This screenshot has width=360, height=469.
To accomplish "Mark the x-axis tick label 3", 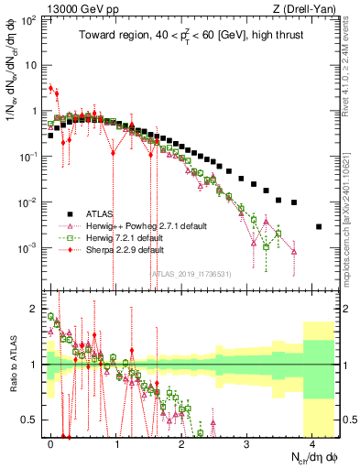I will (x=247, y=439).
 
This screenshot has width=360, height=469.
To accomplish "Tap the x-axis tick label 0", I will (x=51, y=439).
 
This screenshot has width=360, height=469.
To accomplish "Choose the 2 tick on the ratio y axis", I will (x=33, y=308).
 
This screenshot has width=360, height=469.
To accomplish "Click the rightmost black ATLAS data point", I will (x=319, y=226).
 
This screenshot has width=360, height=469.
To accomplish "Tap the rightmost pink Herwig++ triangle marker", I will (x=294, y=250).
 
